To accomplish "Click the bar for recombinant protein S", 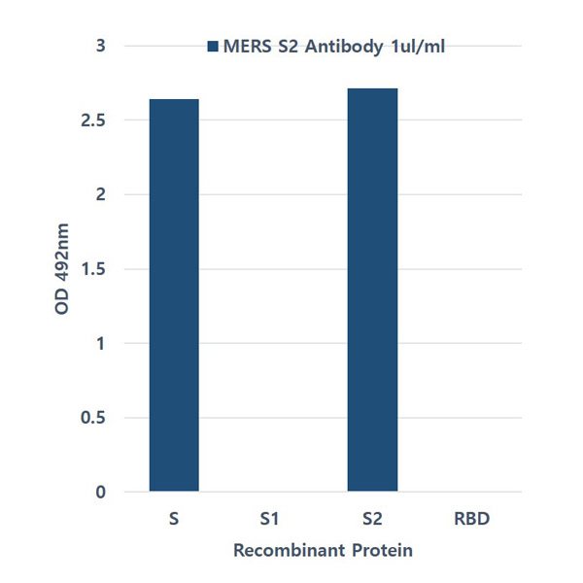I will [x=174, y=295].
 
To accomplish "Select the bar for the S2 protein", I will [x=372, y=291].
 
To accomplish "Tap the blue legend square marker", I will [x=214, y=47].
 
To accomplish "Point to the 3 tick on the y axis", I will [x=100, y=46].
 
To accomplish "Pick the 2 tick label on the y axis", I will [x=100, y=194].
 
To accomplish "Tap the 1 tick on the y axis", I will [x=100, y=344].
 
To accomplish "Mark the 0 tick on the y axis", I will [x=100, y=493].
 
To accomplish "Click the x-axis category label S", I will [x=173, y=519].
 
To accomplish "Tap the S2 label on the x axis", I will [x=372, y=519].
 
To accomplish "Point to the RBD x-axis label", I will [x=471, y=519].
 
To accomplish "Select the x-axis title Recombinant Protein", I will [x=324, y=551].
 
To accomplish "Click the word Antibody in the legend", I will [x=340, y=47].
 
